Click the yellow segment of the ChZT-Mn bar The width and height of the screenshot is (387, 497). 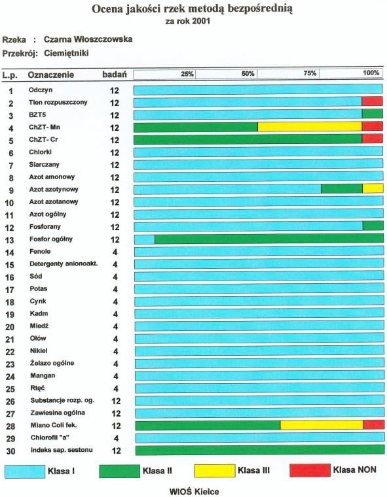pos(310,127)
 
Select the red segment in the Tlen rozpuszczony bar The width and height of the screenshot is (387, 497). pos(372,101)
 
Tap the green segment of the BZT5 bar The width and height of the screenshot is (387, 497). pos(372,114)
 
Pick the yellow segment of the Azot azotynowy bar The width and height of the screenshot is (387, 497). pos(373,188)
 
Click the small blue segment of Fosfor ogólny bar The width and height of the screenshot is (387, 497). pos(145,239)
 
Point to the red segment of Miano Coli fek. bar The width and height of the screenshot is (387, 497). pos(374,425)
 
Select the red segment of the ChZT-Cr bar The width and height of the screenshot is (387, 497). pos(372,139)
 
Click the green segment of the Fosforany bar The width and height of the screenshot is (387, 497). pos(373,226)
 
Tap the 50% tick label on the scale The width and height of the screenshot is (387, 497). pos(248,73)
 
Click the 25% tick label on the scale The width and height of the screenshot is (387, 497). pos(187,74)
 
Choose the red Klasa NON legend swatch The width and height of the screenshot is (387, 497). pos(310,470)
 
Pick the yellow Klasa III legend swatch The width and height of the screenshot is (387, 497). pos(215,471)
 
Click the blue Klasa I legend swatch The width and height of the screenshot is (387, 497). pos(25,471)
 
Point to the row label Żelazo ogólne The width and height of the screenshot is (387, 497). pos(52,363)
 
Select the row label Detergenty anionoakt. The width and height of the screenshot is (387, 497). pos(64,264)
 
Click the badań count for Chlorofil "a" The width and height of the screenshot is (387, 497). pos(116,438)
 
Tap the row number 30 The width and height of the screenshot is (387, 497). pos(10,451)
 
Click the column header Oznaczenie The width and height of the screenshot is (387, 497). pos(51,75)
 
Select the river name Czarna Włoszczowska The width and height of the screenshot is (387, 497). pos(88,39)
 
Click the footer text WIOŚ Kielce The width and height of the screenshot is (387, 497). pos(194,492)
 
